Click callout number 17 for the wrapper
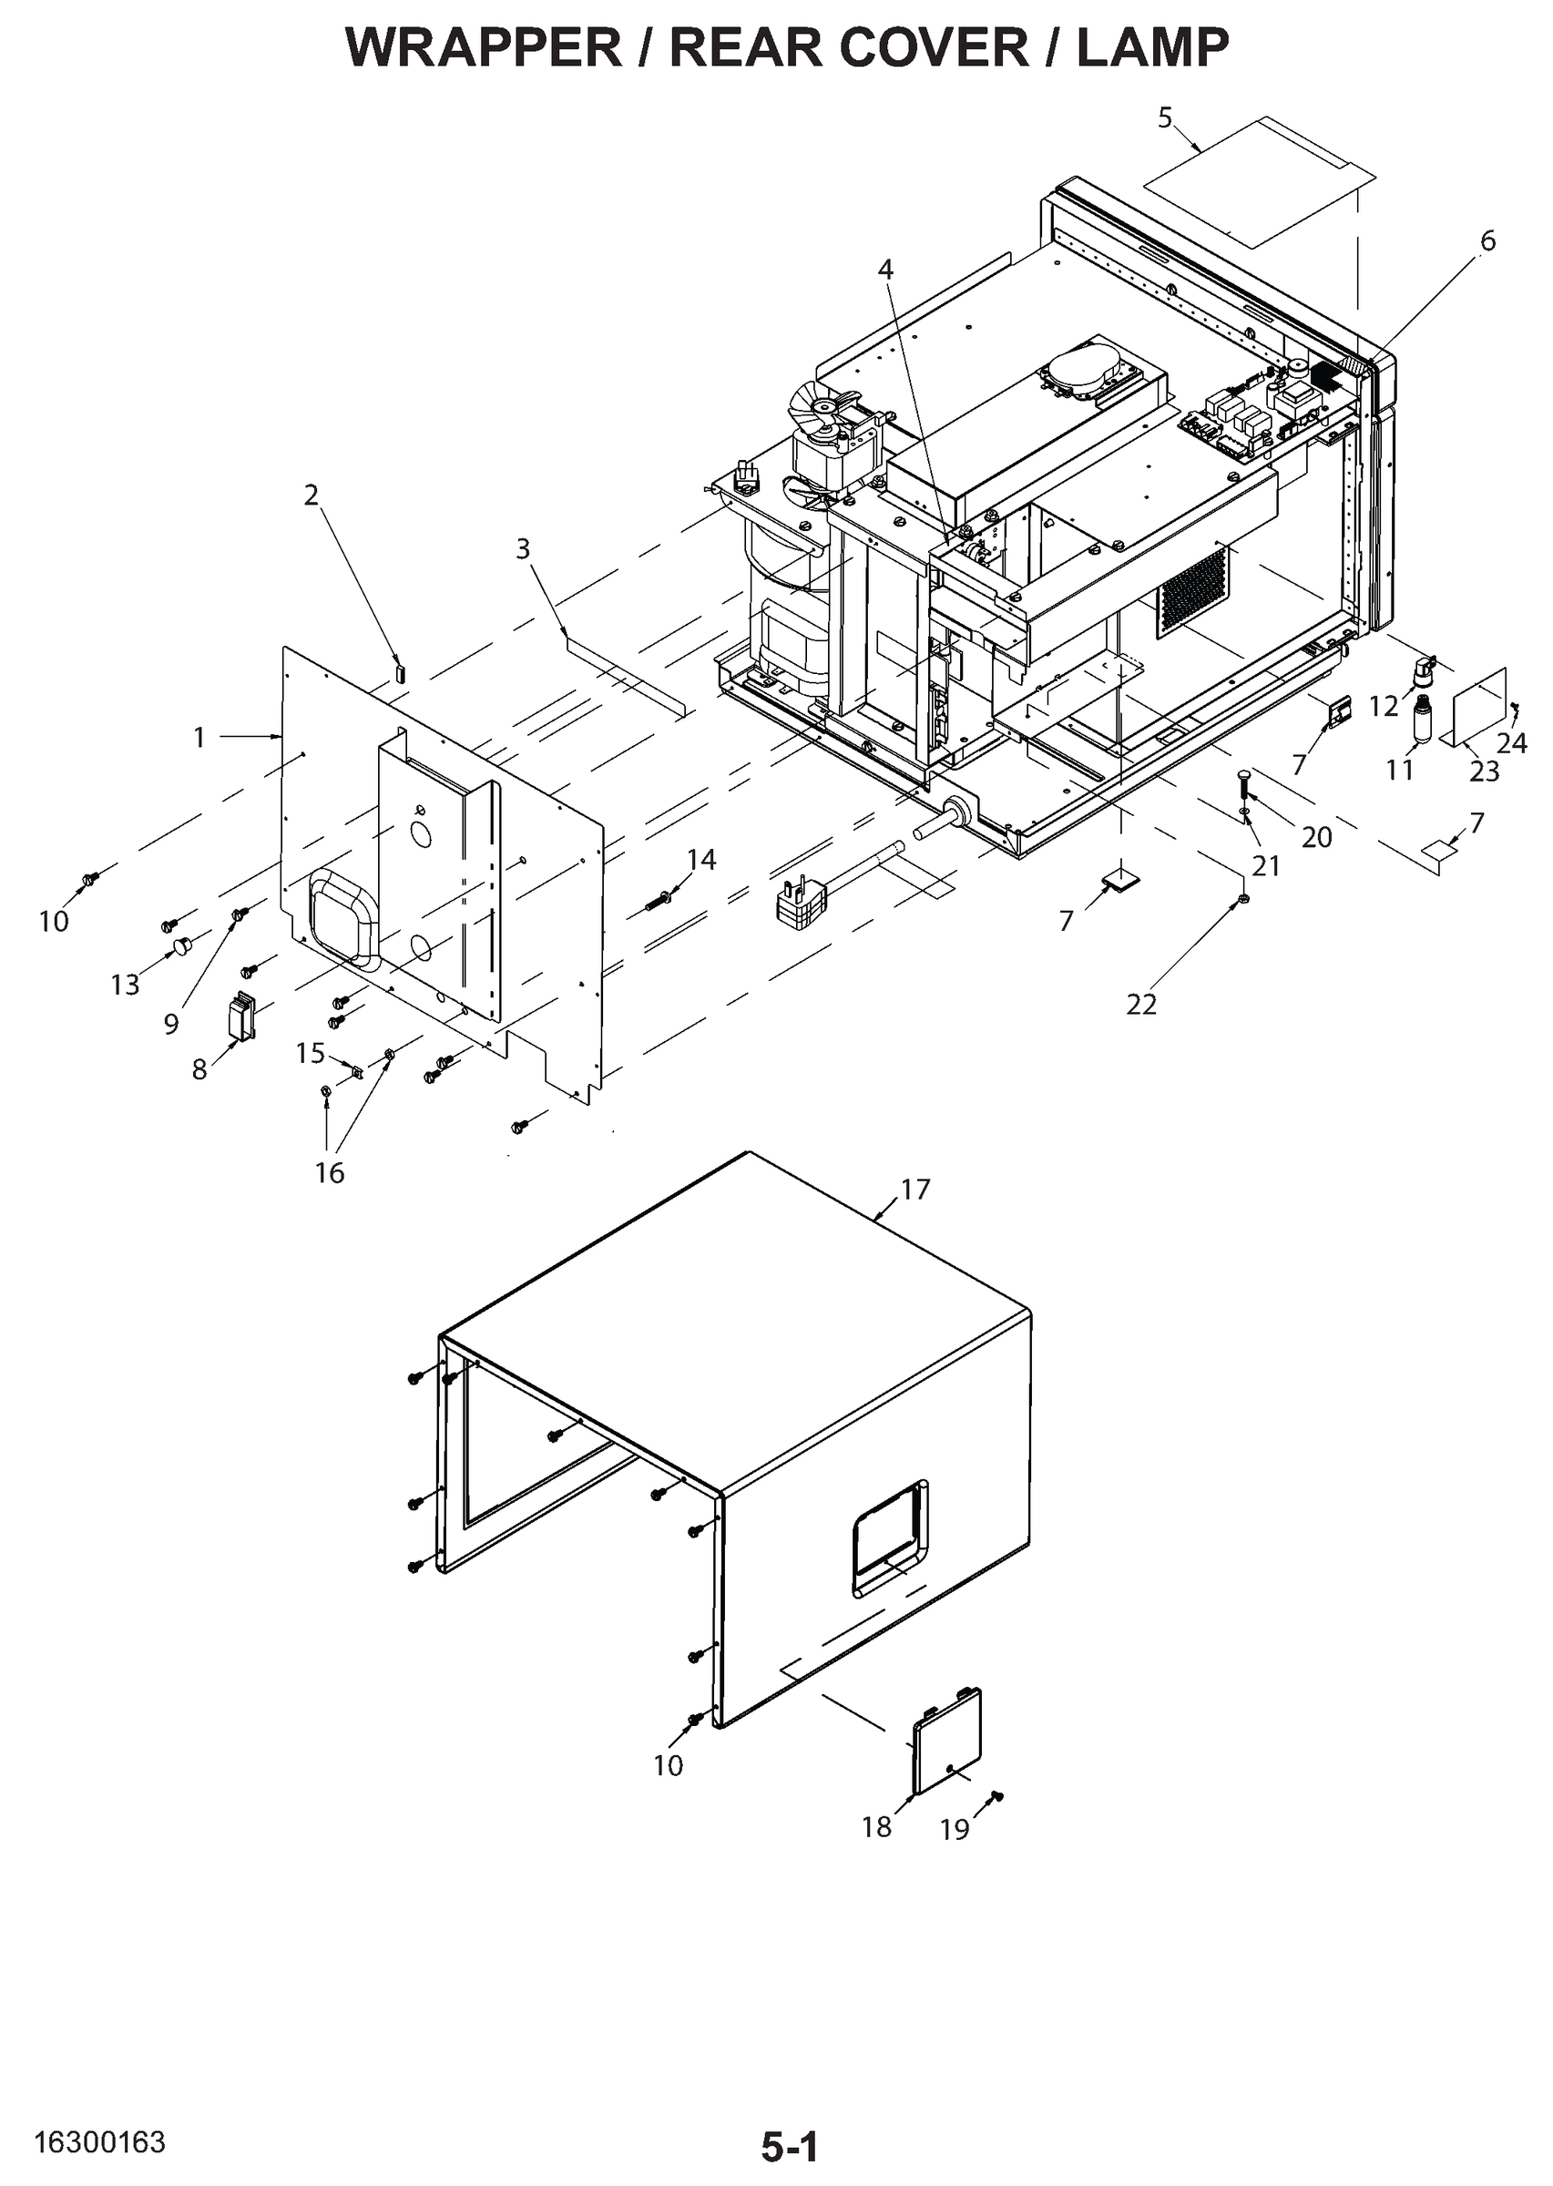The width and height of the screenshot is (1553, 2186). (915, 1189)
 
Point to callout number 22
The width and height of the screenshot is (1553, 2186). (1141, 1004)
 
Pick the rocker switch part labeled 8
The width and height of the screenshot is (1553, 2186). (242, 1016)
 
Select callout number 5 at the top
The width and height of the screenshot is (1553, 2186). (1164, 117)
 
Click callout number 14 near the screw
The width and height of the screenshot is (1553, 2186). (701, 860)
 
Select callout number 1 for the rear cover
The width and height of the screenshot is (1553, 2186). (199, 737)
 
